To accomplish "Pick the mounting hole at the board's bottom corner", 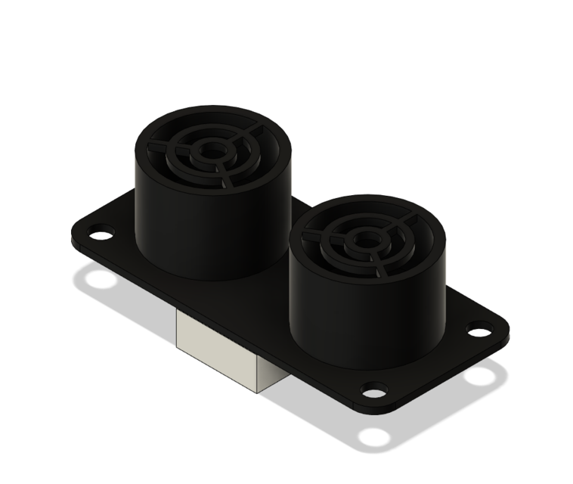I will pos(373,390).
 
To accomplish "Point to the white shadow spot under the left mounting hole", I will pos(100,280).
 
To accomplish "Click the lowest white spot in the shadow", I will pos(373,437).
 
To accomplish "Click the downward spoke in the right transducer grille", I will pos(378,265).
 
